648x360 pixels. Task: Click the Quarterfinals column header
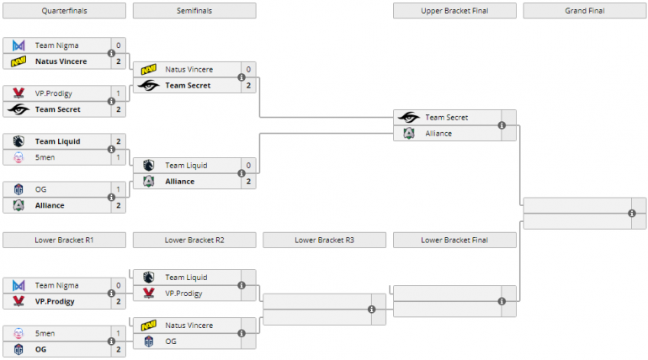click(x=64, y=11)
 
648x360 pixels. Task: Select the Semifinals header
click(x=194, y=11)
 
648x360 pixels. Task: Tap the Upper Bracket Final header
click(x=454, y=11)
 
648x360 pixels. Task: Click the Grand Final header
click(x=585, y=11)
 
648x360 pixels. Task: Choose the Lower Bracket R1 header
click(x=64, y=240)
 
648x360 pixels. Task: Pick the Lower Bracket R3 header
click(x=325, y=240)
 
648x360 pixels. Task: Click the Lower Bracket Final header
click(x=454, y=240)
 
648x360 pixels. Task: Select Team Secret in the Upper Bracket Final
click(x=446, y=118)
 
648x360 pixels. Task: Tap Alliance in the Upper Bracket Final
click(x=439, y=134)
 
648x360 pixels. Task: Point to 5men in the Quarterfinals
click(x=45, y=157)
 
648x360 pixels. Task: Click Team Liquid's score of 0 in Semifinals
click(x=248, y=166)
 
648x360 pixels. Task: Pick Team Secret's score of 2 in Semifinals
click(x=248, y=86)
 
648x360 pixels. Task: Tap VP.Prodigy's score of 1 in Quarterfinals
click(x=119, y=93)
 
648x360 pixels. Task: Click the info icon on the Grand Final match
click(x=632, y=214)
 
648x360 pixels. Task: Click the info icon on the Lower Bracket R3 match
click(x=371, y=310)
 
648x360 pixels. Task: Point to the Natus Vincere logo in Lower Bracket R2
click(x=149, y=326)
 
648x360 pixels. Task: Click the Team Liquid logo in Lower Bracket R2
click(x=149, y=278)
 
